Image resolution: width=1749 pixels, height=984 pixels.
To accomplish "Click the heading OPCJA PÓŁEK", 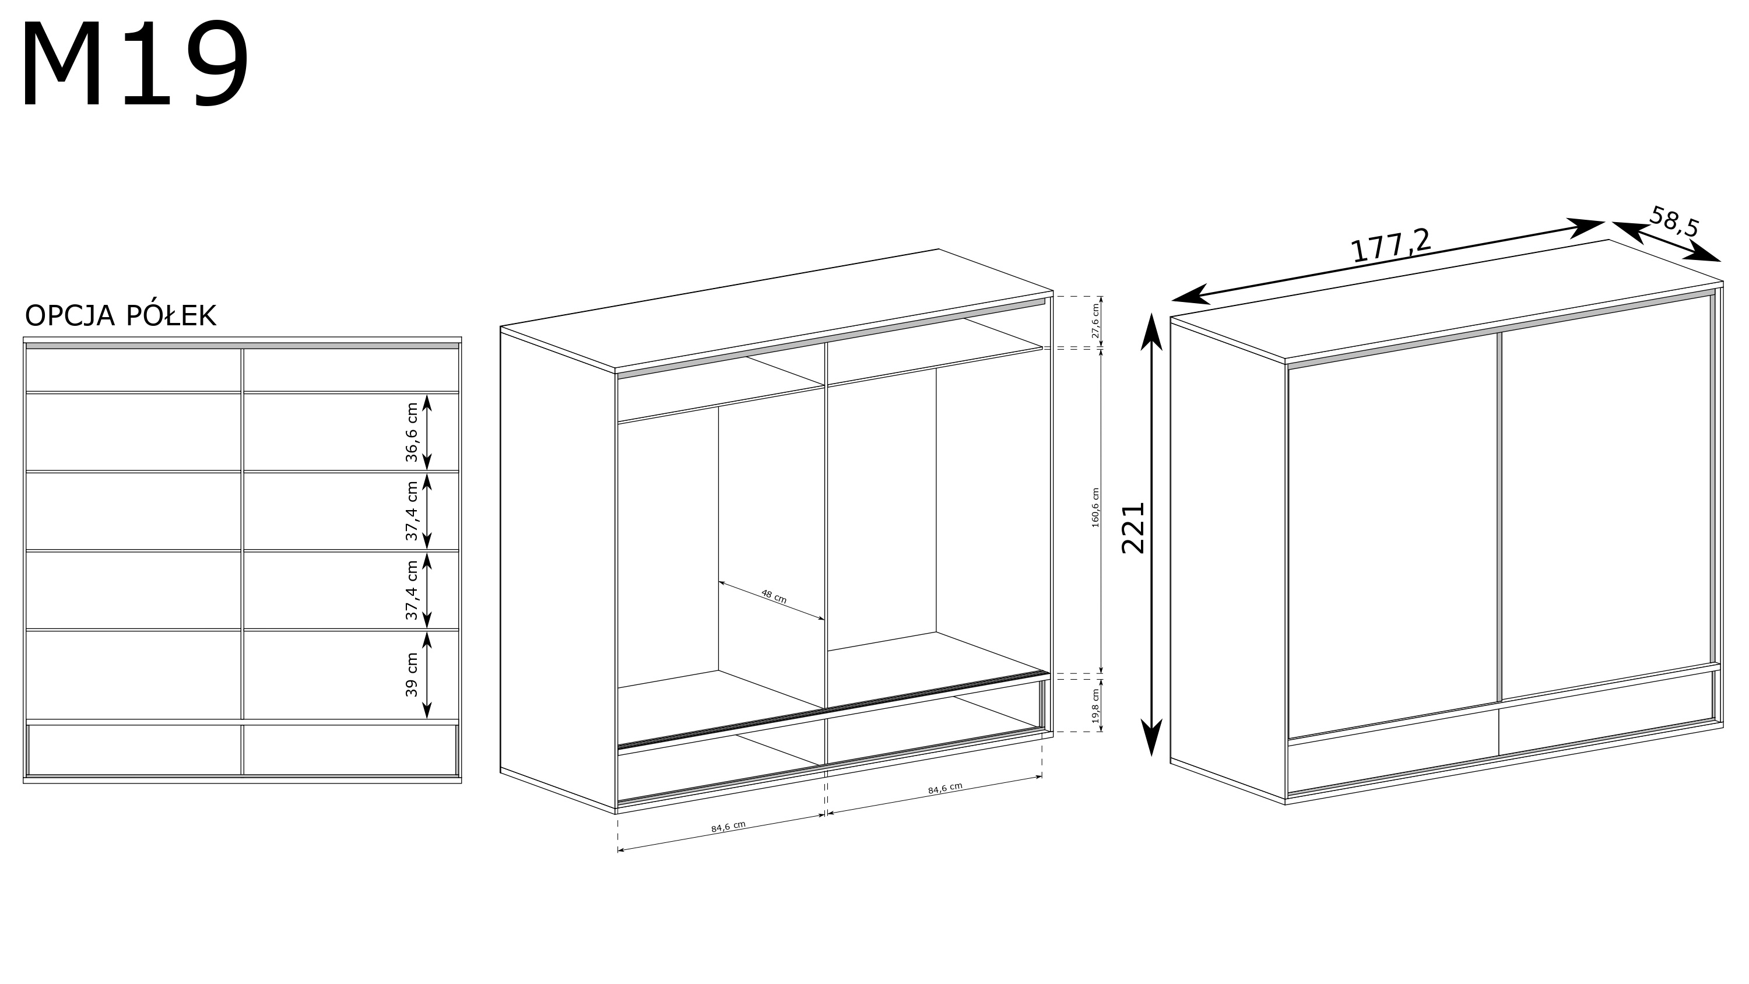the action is [x=120, y=316].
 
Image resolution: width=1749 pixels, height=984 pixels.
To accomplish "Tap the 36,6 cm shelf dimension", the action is [x=412, y=433].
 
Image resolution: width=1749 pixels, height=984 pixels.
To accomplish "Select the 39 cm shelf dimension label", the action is [x=412, y=674].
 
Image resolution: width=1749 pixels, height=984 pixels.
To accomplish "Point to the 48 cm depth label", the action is [x=773, y=596].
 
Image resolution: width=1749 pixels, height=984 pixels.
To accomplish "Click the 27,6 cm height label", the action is [x=1094, y=321].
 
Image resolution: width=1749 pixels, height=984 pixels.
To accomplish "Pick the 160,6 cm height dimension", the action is [x=1095, y=508].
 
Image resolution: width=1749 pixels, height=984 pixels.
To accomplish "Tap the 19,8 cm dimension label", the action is [x=1095, y=707].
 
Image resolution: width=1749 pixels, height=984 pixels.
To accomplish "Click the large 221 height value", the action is [x=1133, y=528].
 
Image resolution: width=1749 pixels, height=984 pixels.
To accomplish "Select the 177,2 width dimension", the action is [x=1391, y=245].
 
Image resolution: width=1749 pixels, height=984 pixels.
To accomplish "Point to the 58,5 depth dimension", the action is [x=1674, y=222].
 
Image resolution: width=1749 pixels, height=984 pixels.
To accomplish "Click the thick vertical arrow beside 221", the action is [x=1151, y=534].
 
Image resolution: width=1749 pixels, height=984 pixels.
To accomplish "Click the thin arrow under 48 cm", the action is [x=771, y=601].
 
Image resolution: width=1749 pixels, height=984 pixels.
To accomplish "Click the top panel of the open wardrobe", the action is [x=777, y=309].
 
